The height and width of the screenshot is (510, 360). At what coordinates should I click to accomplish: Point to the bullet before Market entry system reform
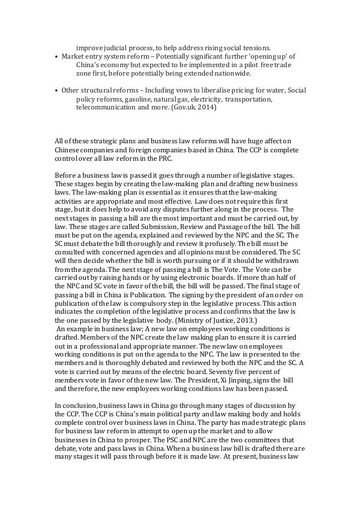pos(57,58)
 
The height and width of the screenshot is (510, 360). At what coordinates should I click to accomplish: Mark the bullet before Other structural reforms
pos(57,90)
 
